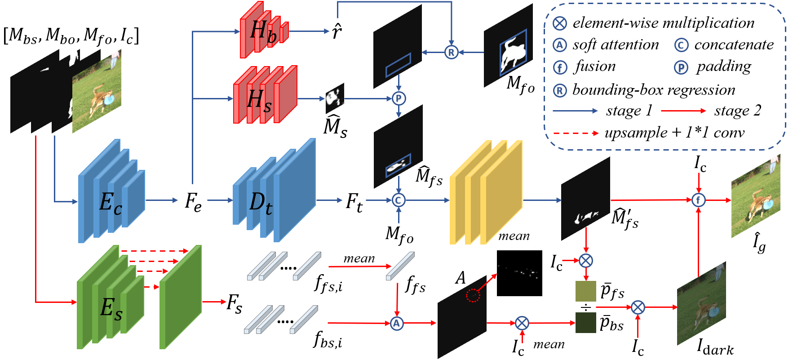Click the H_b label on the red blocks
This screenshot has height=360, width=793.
pyautogui.click(x=263, y=32)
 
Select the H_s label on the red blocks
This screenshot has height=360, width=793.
pyautogui.click(x=260, y=99)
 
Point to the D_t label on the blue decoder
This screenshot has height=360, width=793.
pyautogui.click(x=261, y=203)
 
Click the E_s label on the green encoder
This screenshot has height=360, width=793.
pyautogui.click(x=111, y=309)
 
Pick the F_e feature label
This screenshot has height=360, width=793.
pyautogui.click(x=193, y=202)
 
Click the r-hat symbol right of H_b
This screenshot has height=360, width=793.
pyautogui.click(x=337, y=31)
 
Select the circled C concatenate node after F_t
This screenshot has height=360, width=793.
pyautogui.click(x=399, y=200)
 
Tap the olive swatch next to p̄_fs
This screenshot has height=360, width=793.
pyautogui.click(x=586, y=291)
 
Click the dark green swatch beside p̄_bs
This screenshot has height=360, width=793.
pyautogui.click(x=586, y=322)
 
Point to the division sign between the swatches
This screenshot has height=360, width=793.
pyautogui.click(x=586, y=307)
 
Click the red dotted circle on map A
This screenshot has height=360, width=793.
pyautogui.click(x=473, y=295)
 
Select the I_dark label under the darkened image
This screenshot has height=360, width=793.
pyautogui.click(x=715, y=347)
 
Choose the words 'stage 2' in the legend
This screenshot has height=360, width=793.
pyautogui.click(x=738, y=111)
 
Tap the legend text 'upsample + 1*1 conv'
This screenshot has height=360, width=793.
pyautogui.click(x=674, y=133)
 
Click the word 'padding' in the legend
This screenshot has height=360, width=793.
pyautogui.click(x=724, y=67)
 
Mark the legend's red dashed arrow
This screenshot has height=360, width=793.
pyautogui.click(x=576, y=133)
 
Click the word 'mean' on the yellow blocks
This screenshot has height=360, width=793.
pyautogui.click(x=514, y=236)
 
